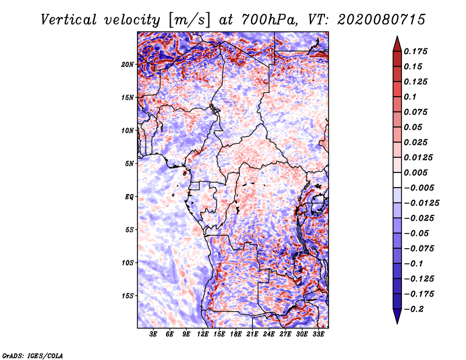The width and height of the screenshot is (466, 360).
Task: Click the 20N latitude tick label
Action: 128,64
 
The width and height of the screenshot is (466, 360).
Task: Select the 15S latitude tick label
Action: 128,295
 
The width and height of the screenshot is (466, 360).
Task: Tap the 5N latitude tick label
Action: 129,163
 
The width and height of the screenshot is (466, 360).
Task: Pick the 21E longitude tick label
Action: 252,334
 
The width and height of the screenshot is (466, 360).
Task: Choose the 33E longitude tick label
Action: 319,334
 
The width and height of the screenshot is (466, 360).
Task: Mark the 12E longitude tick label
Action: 203,334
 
